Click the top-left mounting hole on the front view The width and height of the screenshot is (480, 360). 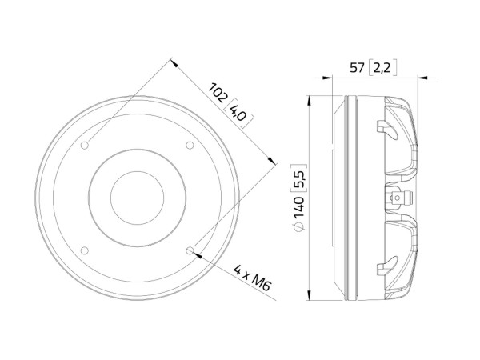point(85,145)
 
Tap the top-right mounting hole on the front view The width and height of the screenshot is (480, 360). point(190,145)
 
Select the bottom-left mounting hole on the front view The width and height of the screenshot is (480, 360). point(85,250)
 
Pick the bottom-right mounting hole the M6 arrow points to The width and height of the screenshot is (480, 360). point(190,250)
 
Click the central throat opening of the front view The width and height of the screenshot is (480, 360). point(137,197)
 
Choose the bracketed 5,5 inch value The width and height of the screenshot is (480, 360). point(299,174)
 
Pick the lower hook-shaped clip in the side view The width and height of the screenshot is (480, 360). point(384,267)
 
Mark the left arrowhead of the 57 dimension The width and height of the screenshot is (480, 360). point(327,78)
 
